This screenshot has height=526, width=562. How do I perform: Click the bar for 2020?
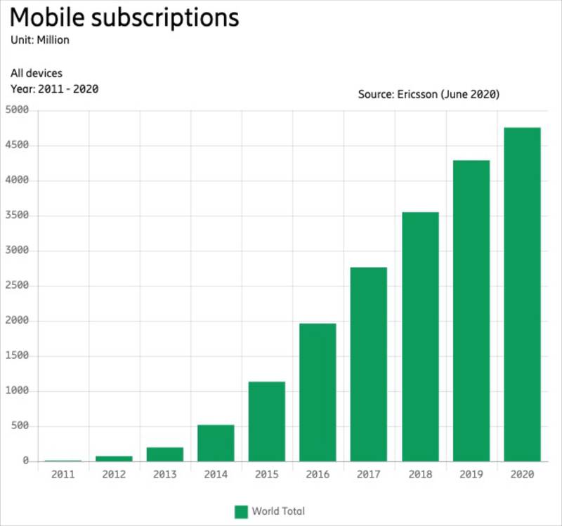tap(522, 294)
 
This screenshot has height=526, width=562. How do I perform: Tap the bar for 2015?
tap(267, 421)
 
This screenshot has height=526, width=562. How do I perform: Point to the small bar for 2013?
tap(165, 454)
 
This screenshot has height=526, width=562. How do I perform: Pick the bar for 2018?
tap(420, 336)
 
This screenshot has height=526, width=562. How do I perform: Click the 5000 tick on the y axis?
tap(17, 110)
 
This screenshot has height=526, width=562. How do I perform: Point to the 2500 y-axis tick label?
tap(17, 286)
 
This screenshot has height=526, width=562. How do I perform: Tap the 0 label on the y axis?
tap(25, 461)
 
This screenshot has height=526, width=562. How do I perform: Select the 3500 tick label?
tap(17, 216)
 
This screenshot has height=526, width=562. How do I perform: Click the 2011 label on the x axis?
tap(63, 475)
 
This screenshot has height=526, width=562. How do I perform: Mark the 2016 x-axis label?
tap(318, 475)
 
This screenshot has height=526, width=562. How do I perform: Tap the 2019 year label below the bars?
tap(471, 475)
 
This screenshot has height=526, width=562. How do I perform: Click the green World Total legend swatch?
tap(242, 511)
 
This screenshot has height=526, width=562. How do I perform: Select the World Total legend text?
tap(279, 511)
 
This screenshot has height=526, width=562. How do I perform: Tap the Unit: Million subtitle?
tap(40, 40)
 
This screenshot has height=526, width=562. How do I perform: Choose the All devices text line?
tap(37, 73)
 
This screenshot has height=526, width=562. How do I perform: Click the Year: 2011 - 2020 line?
tap(54, 88)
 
